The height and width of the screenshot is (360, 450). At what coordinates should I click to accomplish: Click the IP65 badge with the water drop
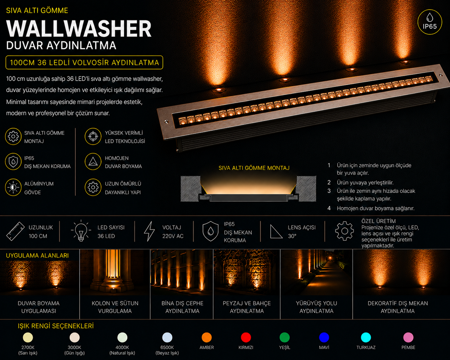pyautogui.click(x=430, y=22)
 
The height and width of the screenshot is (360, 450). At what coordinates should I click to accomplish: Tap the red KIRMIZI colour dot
pyautogui.click(x=246, y=338)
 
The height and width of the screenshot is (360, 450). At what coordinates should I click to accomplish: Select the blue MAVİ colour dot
pyautogui.click(x=324, y=338)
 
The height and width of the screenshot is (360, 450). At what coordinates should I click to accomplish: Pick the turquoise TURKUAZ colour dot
pyautogui.click(x=366, y=338)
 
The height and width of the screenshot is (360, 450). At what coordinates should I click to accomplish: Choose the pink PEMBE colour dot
pyautogui.click(x=408, y=338)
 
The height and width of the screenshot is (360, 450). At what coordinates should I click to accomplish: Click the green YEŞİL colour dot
pyautogui.click(x=285, y=338)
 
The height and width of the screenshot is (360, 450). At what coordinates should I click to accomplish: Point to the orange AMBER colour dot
pyautogui.click(x=207, y=338)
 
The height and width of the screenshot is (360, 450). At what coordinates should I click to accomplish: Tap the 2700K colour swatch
pyautogui.click(x=28, y=338)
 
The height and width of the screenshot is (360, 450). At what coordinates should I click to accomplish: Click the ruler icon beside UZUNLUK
pyautogui.click(x=15, y=231)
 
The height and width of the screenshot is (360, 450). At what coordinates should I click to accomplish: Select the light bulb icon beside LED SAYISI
pyautogui.click(x=81, y=231)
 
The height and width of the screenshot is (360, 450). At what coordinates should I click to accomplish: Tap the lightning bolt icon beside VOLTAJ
pyautogui.click(x=149, y=231)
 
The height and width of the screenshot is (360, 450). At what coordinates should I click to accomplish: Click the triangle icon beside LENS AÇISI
pyautogui.click(x=276, y=232)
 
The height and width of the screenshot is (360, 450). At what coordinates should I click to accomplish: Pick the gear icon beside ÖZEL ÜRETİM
pyautogui.click(x=344, y=231)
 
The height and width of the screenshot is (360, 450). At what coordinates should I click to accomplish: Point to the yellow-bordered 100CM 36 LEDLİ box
pyautogui.click(x=84, y=62)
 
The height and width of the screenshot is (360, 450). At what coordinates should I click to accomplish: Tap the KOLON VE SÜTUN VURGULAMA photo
pyautogui.click(x=115, y=272)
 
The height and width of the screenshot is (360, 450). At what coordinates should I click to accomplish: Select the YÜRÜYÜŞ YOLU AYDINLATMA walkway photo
pyautogui.click(x=316, y=272)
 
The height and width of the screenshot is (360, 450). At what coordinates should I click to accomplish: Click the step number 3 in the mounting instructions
pyautogui.click(x=329, y=191)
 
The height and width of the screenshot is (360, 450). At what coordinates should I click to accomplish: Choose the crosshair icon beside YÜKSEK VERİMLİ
pyautogui.click(x=93, y=136)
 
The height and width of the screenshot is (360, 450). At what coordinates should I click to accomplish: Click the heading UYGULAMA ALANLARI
pyautogui.click(x=37, y=255)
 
